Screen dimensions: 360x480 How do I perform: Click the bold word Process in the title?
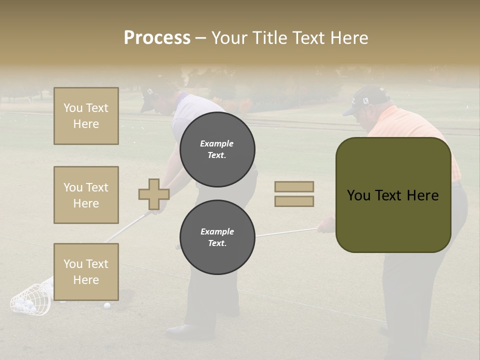[157, 37]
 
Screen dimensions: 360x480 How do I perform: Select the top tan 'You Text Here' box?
[86, 116]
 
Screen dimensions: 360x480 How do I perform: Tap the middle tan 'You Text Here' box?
[86, 195]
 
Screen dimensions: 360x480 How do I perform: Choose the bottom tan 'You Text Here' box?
[86, 271]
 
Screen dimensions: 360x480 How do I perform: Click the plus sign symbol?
[153, 194]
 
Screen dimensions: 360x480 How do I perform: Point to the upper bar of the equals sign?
[294, 187]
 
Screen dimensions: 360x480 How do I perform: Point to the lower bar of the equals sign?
[294, 201]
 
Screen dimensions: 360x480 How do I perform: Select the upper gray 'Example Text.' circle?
[217, 149]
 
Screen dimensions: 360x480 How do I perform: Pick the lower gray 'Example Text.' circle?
[217, 237]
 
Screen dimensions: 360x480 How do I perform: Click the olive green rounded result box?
[393, 195]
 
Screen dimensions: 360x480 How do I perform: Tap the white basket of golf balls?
[31, 300]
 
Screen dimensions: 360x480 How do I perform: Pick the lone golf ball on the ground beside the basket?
[107, 305]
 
